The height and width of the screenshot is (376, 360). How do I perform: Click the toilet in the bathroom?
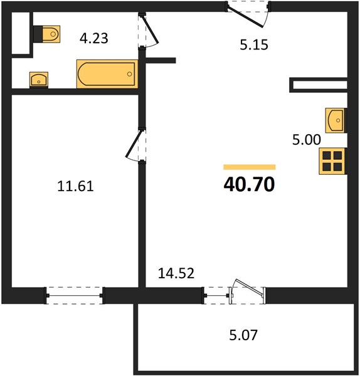point(47,34)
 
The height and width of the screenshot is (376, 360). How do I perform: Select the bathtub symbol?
point(107,74)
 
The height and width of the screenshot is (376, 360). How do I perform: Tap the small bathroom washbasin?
point(39,80)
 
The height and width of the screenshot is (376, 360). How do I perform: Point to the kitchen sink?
point(335,120)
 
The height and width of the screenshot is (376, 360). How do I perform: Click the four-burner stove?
point(332,161)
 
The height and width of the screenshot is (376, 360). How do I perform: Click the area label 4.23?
point(94,38)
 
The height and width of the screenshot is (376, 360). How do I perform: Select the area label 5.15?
point(254,45)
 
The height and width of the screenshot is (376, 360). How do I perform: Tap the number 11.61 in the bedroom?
point(75,186)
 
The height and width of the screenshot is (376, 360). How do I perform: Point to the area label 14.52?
point(176,273)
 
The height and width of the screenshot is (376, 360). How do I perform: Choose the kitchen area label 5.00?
point(307,140)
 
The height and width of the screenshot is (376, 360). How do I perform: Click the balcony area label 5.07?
point(243,335)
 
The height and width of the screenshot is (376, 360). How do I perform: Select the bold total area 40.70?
point(249,184)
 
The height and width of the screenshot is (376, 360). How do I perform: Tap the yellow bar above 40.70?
point(250,167)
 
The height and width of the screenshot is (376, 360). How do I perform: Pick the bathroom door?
point(148,31)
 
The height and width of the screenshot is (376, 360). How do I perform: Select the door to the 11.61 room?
point(136,146)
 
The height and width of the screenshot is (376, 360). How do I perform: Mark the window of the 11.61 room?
point(75,295)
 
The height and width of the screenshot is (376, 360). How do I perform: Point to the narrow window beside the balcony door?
point(216,295)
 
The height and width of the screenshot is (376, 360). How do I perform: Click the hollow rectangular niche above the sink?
point(319,85)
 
